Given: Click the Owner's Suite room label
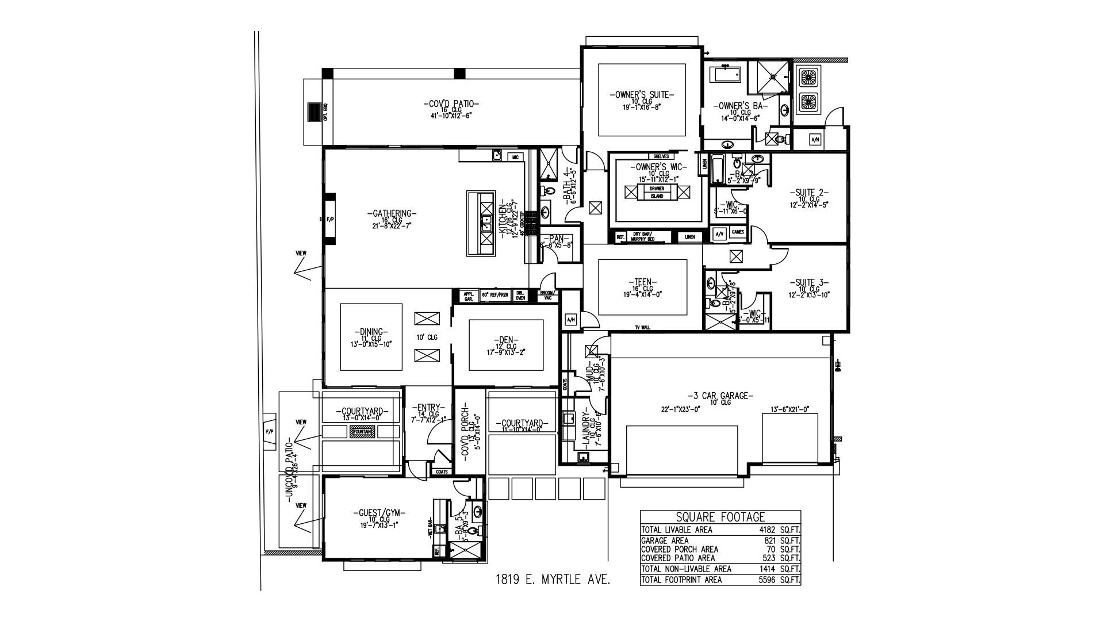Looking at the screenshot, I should (642, 95).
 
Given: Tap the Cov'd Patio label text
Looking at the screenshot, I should (451, 104).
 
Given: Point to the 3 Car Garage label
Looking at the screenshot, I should (720, 396).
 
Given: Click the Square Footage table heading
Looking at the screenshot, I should (720, 517).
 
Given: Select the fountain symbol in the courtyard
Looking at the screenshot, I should (362, 431).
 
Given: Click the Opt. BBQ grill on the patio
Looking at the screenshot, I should (313, 112).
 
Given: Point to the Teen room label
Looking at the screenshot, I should (642, 282).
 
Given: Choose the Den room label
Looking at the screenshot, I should (506, 339).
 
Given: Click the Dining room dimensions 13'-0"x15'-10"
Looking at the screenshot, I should (371, 344).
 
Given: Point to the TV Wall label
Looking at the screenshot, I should (642, 327).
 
